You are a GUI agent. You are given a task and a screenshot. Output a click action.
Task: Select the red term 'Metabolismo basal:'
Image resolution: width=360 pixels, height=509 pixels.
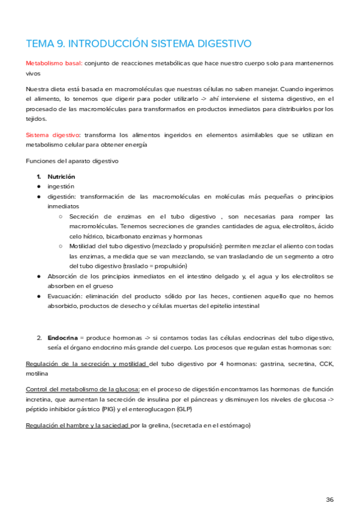pos(53,63)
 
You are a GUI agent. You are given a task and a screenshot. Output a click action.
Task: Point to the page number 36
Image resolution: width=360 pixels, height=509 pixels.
pos(329,483)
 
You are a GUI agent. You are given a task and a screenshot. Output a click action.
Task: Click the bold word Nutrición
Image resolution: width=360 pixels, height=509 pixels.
pos(61,177)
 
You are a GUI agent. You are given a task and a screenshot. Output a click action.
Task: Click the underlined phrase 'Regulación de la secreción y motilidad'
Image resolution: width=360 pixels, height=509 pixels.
pos(86,364)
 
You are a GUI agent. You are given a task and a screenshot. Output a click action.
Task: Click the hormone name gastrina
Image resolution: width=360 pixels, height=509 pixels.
pos(251,364)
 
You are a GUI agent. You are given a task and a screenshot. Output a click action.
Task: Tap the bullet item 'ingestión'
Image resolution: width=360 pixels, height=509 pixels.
pos(61,187)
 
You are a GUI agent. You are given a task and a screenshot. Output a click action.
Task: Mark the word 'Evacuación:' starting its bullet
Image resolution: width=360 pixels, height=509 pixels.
pos(65,296)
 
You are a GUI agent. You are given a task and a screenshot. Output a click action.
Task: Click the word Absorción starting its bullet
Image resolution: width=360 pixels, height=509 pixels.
pos(63,276)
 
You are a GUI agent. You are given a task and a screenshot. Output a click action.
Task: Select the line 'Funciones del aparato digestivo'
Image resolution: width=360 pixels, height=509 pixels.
pos(73,161)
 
